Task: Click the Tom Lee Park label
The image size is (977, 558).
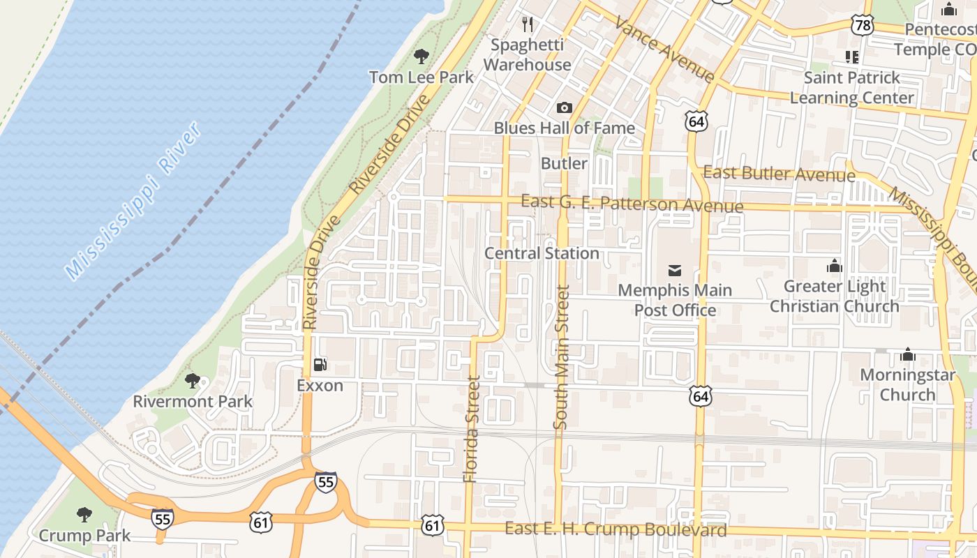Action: pos(421,77)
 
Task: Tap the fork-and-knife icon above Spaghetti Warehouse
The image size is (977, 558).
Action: pos(528,25)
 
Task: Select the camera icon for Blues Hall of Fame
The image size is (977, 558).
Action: pos(564,108)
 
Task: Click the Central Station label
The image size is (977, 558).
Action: pos(542,253)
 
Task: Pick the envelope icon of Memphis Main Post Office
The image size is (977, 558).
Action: pos(675,270)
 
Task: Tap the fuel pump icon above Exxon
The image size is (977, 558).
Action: pos(320,365)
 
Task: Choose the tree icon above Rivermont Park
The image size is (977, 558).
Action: pos(193,381)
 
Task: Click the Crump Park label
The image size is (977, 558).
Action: pos(84,536)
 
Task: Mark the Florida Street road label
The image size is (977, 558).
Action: pos(472,429)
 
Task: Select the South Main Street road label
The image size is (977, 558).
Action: pos(561,356)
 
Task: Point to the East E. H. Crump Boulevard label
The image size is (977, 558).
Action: pos(616,529)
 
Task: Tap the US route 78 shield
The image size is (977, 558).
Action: pos(863,26)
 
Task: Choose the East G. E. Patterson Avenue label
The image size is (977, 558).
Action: pos(632,204)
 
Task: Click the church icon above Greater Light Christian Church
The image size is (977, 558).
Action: pos(834,266)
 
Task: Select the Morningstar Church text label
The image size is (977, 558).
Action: pos(907,384)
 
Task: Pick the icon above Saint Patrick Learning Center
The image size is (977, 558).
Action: pos(851,56)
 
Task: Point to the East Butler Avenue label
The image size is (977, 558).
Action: pos(779,173)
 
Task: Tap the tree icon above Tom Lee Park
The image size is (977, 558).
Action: pos(421,56)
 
